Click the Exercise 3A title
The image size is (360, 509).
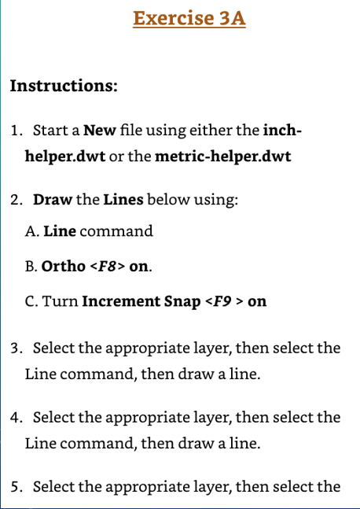[x=189, y=18]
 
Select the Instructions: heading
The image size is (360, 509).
[x=64, y=86]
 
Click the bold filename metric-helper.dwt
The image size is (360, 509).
[x=222, y=156]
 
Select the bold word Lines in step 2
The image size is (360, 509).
[x=123, y=199]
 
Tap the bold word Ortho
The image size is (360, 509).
[x=64, y=266]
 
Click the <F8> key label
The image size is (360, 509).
[x=108, y=266]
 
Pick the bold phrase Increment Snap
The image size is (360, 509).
[x=141, y=301]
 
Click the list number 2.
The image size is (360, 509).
[x=16, y=199]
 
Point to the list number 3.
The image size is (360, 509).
[x=16, y=348]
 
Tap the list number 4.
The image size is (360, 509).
[x=16, y=417]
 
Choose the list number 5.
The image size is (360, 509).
[x=16, y=486]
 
